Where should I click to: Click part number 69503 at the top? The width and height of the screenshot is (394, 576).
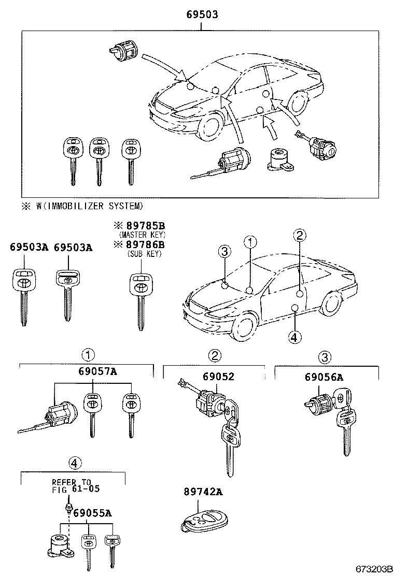[202, 15]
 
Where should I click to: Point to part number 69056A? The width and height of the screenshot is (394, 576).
[324, 377]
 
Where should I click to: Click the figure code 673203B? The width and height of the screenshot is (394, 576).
[372, 569]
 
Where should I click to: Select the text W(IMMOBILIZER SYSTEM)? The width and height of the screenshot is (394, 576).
[89, 206]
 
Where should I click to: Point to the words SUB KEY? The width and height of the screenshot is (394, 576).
[144, 254]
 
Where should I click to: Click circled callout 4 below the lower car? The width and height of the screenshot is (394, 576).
[294, 337]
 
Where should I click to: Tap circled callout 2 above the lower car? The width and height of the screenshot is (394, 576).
[299, 236]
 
